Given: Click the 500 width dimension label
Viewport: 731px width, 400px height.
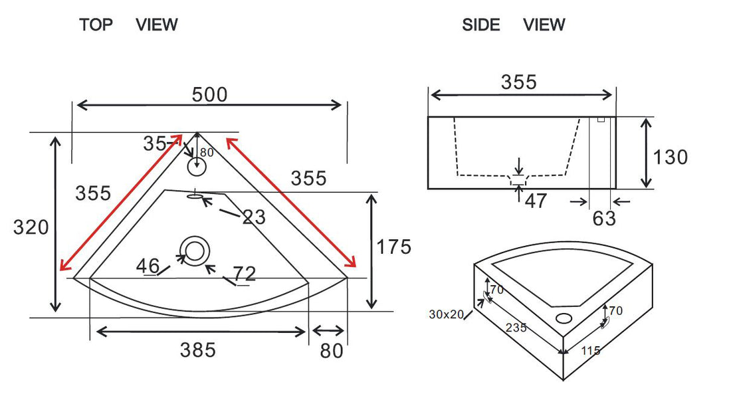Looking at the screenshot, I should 209,95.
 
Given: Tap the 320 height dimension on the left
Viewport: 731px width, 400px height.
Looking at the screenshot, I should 31,227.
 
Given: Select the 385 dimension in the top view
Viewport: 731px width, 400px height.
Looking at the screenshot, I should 198,350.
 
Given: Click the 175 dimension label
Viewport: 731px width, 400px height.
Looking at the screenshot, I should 393,247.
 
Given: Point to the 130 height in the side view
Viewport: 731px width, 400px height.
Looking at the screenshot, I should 670,157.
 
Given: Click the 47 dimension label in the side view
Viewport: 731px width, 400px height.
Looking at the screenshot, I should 536,201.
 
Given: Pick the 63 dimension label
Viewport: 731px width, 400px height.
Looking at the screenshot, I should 603,218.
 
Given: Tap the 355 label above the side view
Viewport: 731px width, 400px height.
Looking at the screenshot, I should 518,82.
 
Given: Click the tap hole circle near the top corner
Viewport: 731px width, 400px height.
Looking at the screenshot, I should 197,166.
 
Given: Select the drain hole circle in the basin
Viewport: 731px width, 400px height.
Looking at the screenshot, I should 195,251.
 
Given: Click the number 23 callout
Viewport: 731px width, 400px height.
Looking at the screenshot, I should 253,217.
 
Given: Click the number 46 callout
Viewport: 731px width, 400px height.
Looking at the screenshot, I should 148,266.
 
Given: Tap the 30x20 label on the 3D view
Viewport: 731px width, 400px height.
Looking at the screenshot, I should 445,314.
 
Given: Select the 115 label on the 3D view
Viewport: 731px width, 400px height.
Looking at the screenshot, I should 590,350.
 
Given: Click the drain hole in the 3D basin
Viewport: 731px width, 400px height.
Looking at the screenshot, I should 564,317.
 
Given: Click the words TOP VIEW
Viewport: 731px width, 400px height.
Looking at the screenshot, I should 128,25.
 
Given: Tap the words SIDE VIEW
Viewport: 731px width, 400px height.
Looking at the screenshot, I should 513,25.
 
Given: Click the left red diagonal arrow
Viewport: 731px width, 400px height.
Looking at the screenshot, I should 120,203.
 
